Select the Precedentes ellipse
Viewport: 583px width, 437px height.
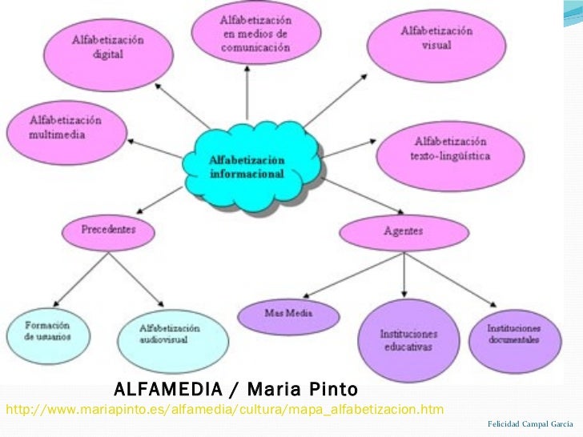tap(109, 230)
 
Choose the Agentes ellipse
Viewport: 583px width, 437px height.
tap(404, 232)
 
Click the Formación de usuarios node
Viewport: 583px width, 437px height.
tap(47, 331)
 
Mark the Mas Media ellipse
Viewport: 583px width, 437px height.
tap(288, 313)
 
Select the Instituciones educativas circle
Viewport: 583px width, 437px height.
tap(408, 340)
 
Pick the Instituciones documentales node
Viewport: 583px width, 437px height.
tap(514, 335)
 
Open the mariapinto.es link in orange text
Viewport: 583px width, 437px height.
tap(224, 411)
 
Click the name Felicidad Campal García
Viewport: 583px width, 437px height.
tap(529, 422)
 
